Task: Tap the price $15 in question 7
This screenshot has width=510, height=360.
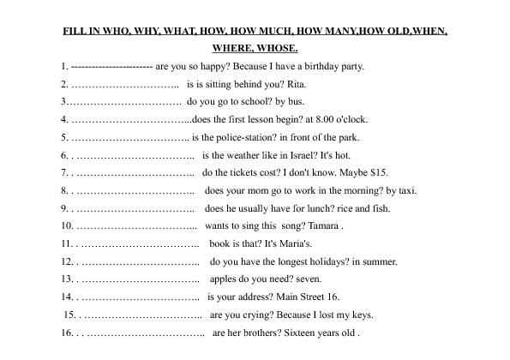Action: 378,173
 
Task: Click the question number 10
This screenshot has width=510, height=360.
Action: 67,226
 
